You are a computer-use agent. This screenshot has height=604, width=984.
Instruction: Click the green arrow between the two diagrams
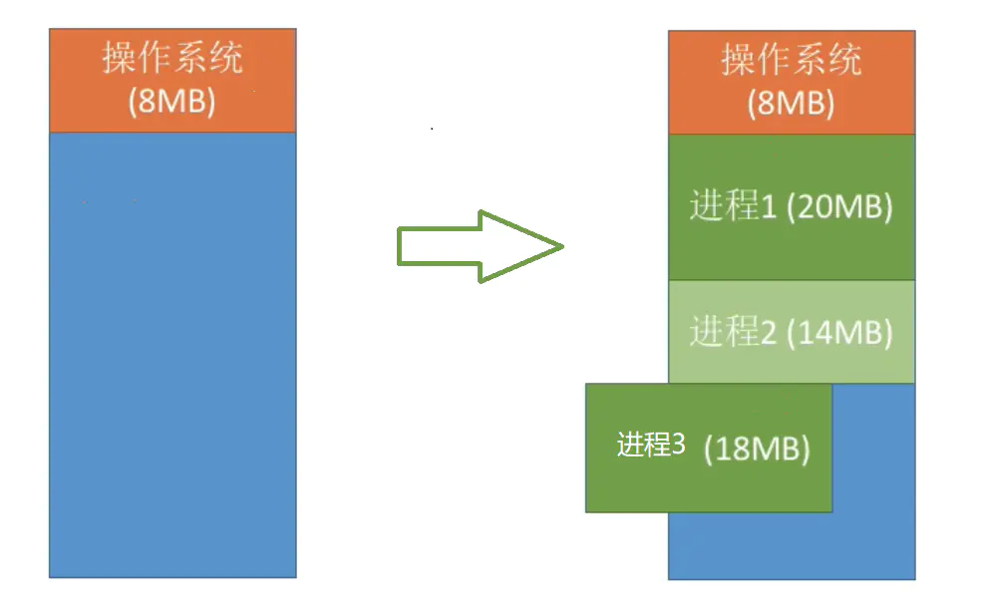469,246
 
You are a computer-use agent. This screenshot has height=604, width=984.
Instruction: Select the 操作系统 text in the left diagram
172,59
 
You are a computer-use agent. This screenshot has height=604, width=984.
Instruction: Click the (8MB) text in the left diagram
172,102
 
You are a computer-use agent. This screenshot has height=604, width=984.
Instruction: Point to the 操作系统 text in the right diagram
792,61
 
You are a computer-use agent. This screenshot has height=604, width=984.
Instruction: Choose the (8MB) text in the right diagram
792,104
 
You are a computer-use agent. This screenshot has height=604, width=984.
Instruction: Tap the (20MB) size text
839,206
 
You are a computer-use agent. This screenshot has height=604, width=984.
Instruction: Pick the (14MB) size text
839,332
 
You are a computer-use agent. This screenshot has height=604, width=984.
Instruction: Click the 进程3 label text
651,445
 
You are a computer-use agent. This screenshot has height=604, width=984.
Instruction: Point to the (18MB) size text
757,449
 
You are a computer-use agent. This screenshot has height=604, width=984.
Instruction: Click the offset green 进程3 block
708,488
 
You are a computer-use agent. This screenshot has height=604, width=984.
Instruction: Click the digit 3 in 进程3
678,445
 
